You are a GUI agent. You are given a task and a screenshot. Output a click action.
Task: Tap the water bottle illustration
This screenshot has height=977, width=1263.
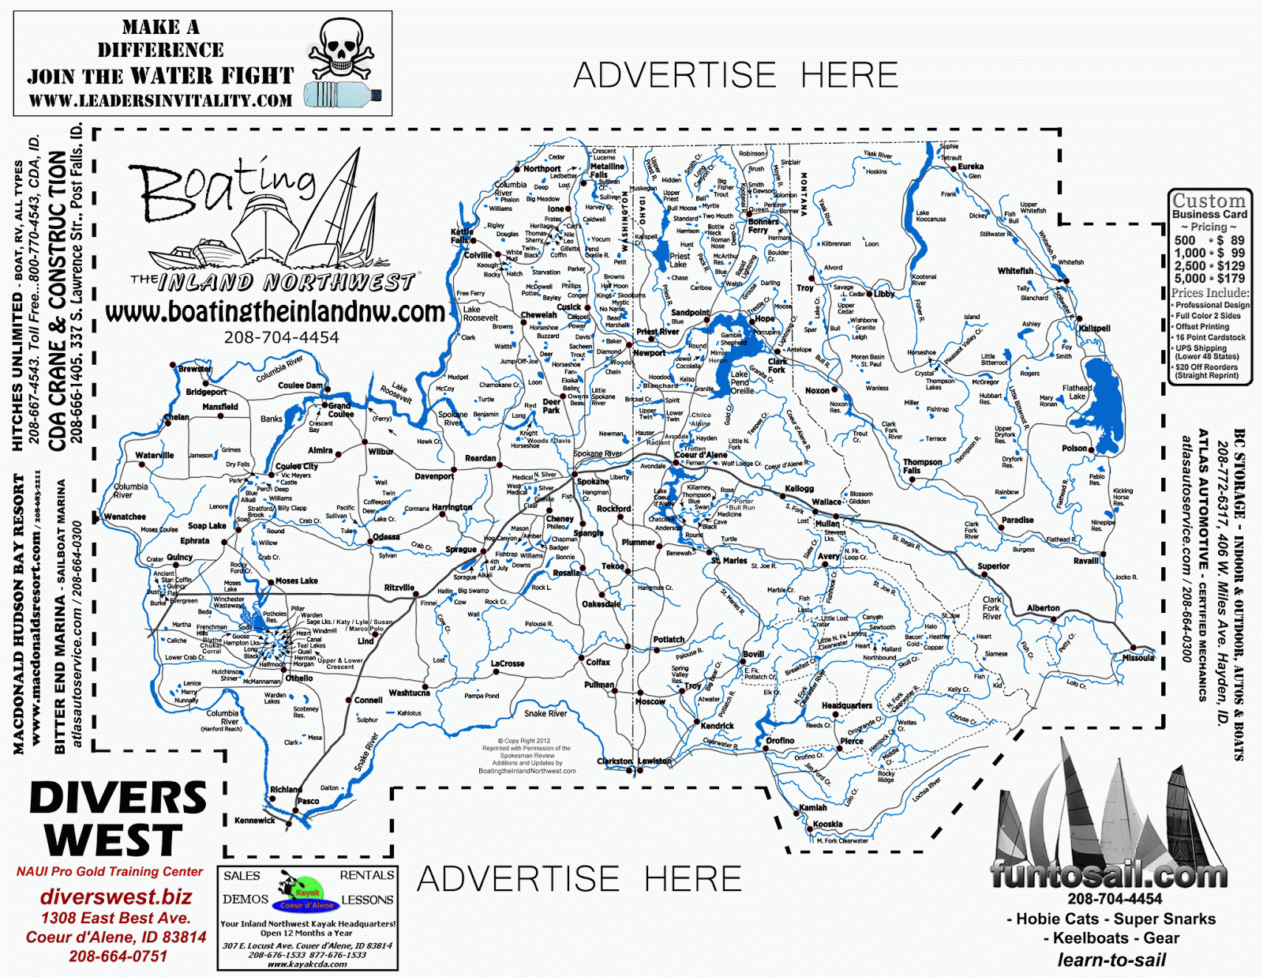pos(343,94)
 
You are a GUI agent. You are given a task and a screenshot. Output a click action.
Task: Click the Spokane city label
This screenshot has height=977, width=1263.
pos(592,482)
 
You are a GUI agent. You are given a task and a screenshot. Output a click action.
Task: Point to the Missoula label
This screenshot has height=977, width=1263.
pos(1137,658)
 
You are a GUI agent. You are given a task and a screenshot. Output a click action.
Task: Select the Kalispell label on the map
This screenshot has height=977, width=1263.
pos(1094,329)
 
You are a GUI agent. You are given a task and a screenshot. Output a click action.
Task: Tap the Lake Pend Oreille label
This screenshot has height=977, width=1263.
pos(741,382)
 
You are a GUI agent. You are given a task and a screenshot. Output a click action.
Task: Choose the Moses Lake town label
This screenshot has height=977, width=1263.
pos(296,581)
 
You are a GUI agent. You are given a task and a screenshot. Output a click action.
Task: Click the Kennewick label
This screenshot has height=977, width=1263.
pos(254,821)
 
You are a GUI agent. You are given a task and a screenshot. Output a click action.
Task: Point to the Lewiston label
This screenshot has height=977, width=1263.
pos(654,761)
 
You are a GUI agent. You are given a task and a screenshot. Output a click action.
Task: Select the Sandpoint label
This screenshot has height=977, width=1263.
pos(690,313)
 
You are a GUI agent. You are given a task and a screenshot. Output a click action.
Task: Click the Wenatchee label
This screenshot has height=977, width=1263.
pos(125,517)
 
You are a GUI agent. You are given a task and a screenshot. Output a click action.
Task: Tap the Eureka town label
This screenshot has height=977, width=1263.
pos(970,167)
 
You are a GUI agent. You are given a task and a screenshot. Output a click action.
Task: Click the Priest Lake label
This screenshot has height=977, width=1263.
pos(679,260)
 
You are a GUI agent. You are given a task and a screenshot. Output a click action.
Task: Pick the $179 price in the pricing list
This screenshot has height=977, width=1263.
pos(1231,279)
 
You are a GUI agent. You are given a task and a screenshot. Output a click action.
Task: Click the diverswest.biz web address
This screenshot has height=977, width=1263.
pos(115,897)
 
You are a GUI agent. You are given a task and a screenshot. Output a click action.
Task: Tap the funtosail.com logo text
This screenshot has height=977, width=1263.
pos(1108,875)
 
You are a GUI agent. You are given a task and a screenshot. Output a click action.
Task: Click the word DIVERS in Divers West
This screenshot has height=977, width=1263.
pos(118,799)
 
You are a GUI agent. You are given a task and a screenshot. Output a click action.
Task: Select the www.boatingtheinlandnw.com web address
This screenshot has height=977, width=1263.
pos(275,313)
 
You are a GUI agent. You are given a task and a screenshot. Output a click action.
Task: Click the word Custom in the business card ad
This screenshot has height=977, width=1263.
pos(1209,201)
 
